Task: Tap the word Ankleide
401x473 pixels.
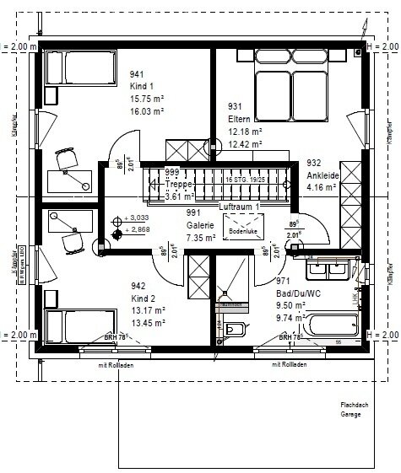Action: pos(323,175)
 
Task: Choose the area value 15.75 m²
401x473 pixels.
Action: pos(144,97)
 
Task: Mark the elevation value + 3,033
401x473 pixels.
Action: pos(137,217)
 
